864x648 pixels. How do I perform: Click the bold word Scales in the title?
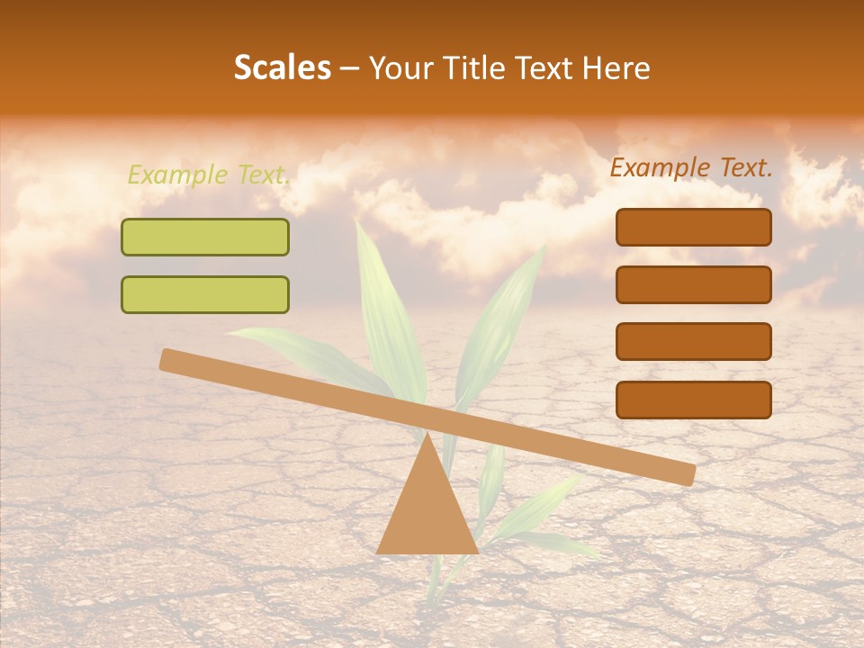pos(283,68)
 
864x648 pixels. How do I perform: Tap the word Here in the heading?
pos(616,68)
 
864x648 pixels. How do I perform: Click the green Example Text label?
pos(208,175)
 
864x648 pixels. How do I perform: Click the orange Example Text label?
pos(691,167)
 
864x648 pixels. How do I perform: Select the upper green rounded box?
pos(205,238)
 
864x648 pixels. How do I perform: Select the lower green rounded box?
pos(205,294)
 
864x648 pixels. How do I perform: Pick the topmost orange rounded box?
pos(693,228)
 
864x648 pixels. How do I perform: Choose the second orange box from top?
pos(693,284)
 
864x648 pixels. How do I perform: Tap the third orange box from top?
pos(693,342)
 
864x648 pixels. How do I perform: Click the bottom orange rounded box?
pos(693,400)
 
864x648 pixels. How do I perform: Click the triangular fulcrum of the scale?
pos(427,513)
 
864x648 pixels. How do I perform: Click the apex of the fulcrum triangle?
pos(427,436)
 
